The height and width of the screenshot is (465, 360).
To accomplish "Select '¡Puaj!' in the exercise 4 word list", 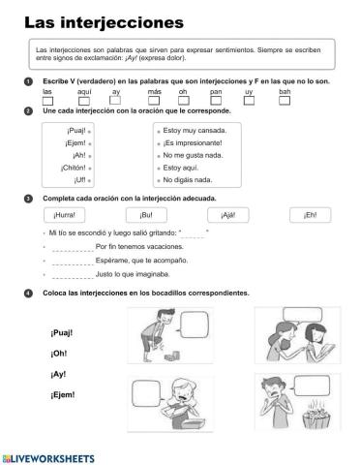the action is click(x=61, y=333).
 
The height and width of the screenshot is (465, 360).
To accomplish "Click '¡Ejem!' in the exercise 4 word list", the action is click(x=62, y=395).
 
